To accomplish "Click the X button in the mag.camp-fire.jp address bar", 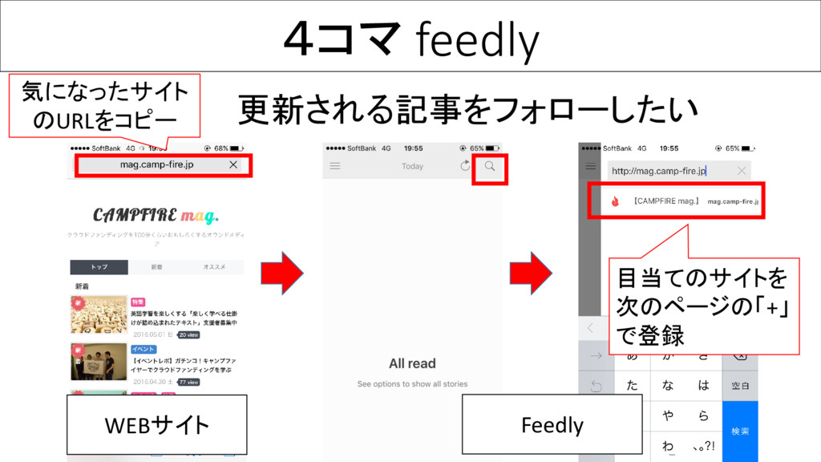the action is coord(233,165).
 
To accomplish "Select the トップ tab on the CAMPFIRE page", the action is coord(99,267).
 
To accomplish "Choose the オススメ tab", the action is coord(214,267).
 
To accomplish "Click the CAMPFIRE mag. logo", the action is coord(156,215).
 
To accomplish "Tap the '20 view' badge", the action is coord(189,334).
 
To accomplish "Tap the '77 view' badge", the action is coord(189,383).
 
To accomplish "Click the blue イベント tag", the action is coord(144,350).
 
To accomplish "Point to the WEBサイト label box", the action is coord(157,424).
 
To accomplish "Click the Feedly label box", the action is coord(552,424).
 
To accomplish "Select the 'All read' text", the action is coord(412,363).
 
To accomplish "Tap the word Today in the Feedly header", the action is coord(412,166).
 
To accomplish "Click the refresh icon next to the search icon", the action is coord(465,166).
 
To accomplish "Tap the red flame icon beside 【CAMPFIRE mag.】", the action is coord(615,202).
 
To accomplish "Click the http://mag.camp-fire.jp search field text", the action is coord(658,171).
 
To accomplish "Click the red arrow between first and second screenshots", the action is coord(281,274).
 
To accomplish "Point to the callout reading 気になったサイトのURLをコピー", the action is coord(104,105).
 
